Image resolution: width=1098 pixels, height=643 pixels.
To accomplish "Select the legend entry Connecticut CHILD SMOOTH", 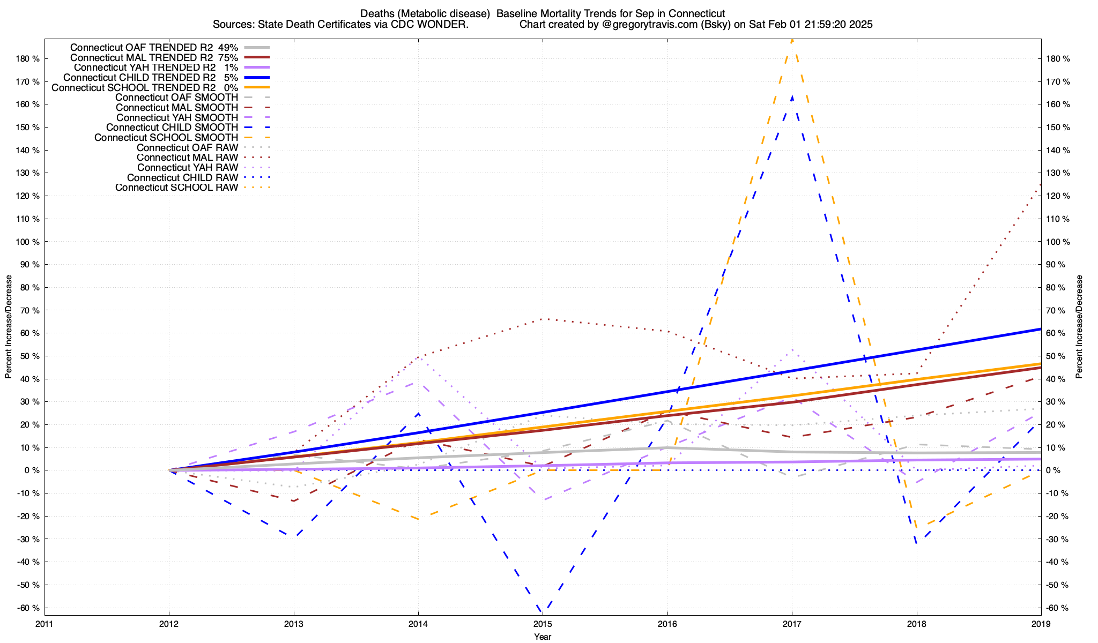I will [172, 128].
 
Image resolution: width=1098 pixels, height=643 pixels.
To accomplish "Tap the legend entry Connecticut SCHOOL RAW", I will [176, 188].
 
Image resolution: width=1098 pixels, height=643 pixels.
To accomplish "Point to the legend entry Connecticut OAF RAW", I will [187, 147].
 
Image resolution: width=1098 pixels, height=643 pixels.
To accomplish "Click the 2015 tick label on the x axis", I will [543, 624].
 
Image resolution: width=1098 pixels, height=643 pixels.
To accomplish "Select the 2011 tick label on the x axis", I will [44, 624].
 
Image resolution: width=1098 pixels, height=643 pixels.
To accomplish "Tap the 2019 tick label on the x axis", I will [1041, 624].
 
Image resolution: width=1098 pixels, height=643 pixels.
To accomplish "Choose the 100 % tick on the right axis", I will [1058, 242].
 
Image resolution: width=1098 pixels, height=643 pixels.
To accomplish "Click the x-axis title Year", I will [543, 637].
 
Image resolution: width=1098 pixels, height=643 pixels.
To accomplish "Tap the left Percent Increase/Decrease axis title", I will [9, 327].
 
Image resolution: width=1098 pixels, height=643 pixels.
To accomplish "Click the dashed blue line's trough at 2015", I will [543, 611].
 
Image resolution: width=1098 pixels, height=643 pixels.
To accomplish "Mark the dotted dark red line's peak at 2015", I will [543, 319].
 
